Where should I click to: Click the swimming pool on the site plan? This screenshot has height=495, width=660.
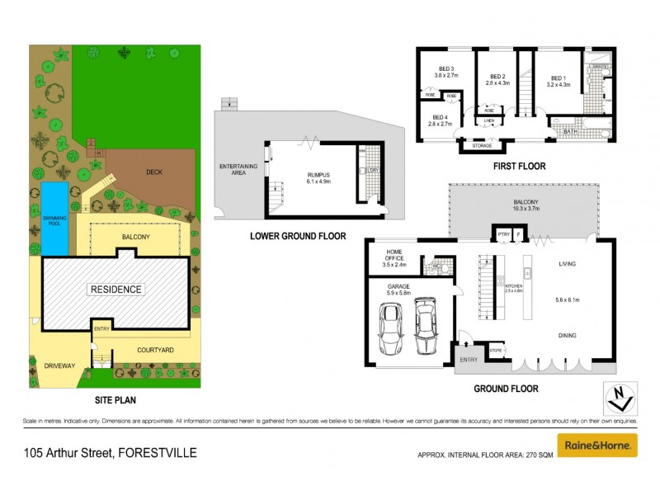pos(55,218)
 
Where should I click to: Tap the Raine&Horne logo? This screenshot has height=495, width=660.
pos(597,445)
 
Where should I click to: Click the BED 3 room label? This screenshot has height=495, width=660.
pos(445,69)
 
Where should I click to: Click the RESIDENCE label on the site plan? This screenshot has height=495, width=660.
pos(115,290)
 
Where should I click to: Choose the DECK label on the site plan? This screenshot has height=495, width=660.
pos(154,172)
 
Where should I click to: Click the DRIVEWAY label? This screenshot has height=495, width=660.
pos(59,365)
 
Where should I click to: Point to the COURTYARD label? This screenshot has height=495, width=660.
pos(155,351)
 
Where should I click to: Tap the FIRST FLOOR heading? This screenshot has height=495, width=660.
pos(520,167)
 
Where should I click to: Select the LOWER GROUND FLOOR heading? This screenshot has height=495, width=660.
pos(298,236)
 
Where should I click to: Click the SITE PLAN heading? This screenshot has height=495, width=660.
pos(115,400)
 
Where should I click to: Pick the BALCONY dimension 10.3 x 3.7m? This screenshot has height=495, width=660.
pos(526,210)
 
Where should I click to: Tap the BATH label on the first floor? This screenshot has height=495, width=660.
pos(570,131)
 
